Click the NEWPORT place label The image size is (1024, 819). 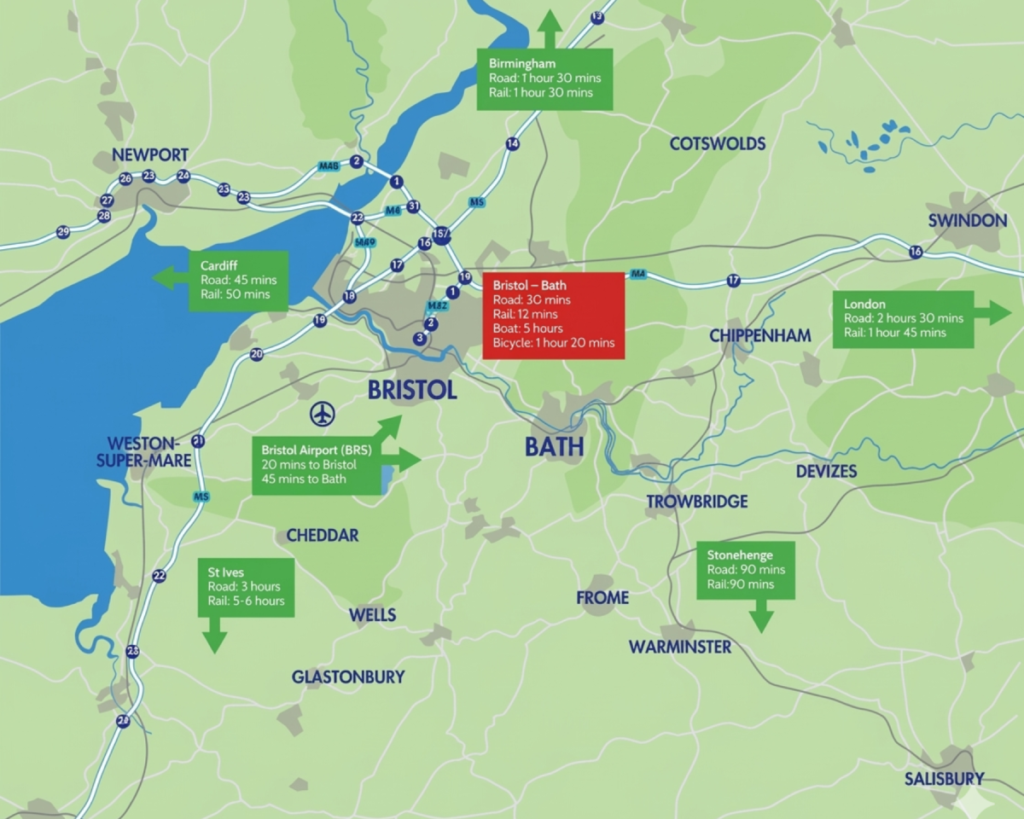click(x=150, y=155)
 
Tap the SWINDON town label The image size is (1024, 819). click(x=967, y=221)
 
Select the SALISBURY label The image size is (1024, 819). click(x=944, y=779)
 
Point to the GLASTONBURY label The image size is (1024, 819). click(x=347, y=677)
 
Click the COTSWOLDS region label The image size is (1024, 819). click(x=717, y=144)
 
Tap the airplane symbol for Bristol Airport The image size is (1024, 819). click(x=323, y=415)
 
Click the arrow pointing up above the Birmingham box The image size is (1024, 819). click(x=549, y=27)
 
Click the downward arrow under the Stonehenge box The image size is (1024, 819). click(x=760, y=616)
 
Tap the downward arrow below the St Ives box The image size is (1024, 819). click(x=213, y=635)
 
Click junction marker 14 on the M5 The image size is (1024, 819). click(x=512, y=144)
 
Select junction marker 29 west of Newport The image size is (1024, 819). click(x=62, y=232)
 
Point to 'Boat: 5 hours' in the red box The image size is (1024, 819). click(x=527, y=328)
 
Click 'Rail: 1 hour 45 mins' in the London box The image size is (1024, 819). click(x=894, y=333)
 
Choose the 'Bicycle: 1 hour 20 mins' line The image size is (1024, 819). click(x=553, y=343)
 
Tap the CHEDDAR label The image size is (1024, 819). click(x=322, y=536)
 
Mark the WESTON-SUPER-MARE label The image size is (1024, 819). click(x=143, y=452)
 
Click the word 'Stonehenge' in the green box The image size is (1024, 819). click(x=734, y=555)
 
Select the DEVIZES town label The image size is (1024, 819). click(x=826, y=472)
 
